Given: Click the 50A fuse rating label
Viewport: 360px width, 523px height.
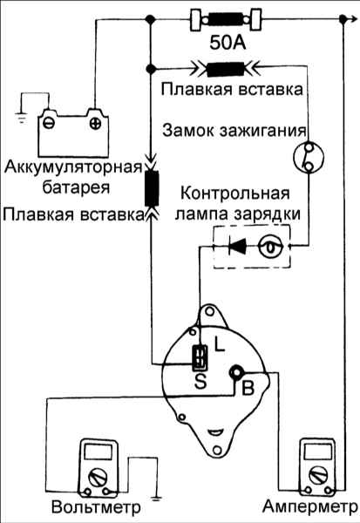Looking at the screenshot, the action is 228,43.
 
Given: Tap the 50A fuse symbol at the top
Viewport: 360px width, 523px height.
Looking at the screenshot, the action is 226,19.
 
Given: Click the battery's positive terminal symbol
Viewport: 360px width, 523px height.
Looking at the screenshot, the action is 96,124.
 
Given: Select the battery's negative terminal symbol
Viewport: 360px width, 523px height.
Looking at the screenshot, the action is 49,124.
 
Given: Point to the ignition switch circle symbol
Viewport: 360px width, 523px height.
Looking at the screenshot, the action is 309,157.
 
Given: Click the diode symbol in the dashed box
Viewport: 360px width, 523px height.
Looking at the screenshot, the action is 238,246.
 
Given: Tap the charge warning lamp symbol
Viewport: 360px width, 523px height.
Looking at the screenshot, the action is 271,247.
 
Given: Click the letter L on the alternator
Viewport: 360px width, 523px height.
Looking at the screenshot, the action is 219,344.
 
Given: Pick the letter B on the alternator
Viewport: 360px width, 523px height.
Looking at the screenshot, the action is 248,388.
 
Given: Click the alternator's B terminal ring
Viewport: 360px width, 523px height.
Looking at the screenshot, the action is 237,372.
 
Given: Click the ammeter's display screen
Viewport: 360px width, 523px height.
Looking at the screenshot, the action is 318,452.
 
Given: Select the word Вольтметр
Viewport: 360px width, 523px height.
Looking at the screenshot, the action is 96,507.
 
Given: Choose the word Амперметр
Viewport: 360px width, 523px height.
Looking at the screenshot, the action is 309,506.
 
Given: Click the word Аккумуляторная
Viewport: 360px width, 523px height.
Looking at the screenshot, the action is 73,166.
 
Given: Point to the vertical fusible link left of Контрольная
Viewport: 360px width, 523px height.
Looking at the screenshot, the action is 152,188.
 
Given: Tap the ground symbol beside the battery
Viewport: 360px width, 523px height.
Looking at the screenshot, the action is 21,118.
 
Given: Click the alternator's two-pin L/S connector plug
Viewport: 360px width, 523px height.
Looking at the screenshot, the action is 200,357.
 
